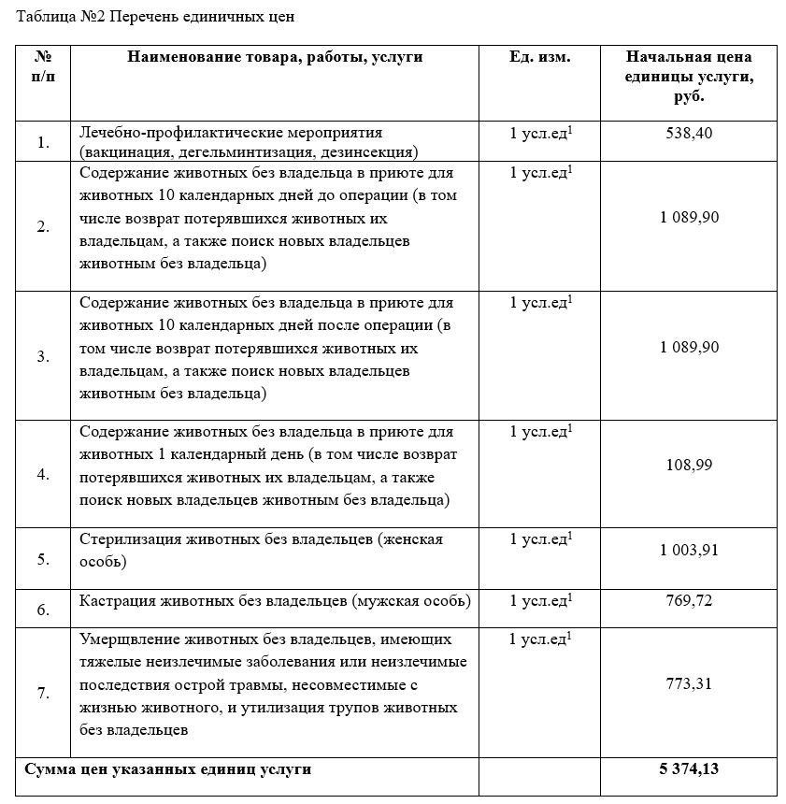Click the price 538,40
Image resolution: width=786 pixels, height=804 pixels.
689,134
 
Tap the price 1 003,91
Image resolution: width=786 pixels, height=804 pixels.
689,551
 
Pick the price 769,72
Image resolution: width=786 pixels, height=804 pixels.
689,601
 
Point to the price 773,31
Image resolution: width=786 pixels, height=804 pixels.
689,684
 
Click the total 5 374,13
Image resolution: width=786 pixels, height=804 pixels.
689,769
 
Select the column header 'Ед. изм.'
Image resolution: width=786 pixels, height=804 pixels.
539,57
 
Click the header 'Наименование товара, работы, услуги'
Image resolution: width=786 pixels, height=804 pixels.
275,57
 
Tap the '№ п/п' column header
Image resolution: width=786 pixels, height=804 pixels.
43,67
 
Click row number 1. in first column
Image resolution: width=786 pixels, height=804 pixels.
43,143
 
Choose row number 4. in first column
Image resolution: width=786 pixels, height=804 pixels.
43,474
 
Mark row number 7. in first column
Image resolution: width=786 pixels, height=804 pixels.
43,694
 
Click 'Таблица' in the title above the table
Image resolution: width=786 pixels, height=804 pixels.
39,17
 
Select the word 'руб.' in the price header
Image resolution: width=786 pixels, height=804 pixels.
689,95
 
